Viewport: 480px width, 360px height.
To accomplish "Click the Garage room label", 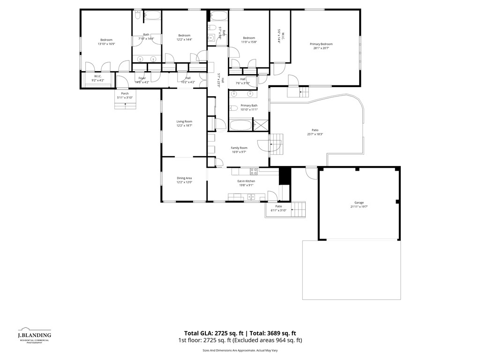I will click(x=359, y=202).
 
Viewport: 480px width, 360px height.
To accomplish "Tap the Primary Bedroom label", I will click(x=321, y=44).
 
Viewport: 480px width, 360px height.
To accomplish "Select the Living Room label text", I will click(x=184, y=121).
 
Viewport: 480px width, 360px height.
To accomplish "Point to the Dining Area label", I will click(x=184, y=178).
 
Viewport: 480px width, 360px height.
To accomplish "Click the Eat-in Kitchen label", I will click(x=246, y=181).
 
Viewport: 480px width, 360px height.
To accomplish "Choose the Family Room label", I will click(x=239, y=148).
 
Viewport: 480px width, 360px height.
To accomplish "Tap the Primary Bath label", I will click(x=249, y=105).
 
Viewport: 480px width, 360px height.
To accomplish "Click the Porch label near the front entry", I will click(x=125, y=93).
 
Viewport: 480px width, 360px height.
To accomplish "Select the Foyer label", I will click(x=142, y=78).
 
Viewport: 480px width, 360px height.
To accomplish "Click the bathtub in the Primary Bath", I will click(x=240, y=125).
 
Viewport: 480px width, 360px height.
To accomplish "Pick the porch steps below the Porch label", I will click(x=125, y=105).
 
